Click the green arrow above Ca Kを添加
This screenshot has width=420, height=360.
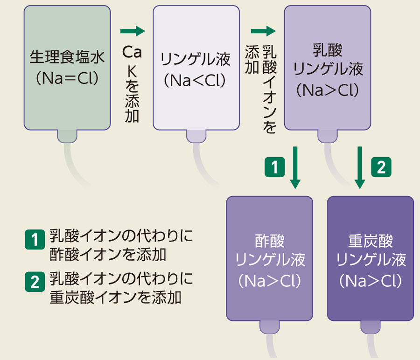133,31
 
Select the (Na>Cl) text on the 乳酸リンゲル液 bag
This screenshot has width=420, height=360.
328,90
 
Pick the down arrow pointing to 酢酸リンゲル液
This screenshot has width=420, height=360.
295,167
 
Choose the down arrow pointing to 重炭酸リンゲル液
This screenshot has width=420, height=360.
359,167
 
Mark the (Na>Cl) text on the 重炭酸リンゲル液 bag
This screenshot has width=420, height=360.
371,280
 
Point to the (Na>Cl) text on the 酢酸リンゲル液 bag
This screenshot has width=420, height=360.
270,280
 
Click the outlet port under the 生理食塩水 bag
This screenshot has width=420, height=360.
67,136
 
